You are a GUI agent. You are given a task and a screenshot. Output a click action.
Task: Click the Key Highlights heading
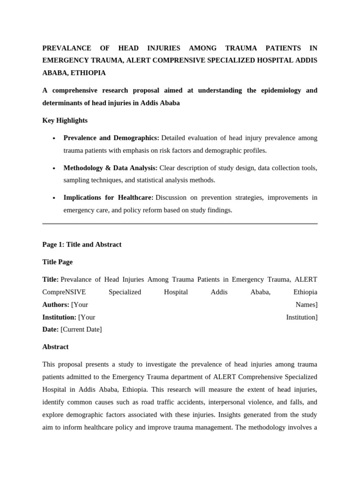coord(65,120)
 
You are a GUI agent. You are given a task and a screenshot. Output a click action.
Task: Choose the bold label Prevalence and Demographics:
coord(111,138)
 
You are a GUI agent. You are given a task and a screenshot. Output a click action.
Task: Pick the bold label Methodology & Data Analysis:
coord(110,168)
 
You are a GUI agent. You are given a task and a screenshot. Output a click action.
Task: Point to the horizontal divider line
coord(180,224)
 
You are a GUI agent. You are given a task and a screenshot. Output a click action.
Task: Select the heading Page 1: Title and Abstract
coord(82,244)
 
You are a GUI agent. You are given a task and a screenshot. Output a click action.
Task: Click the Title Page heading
coord(57,262)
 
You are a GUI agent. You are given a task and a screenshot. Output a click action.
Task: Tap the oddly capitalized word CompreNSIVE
coord(62,292)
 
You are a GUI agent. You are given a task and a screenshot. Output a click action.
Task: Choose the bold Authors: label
coord(55,305)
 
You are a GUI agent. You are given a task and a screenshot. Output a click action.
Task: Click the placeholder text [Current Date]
coord(81,330)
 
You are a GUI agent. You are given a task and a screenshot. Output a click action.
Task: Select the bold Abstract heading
coord(55,347)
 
